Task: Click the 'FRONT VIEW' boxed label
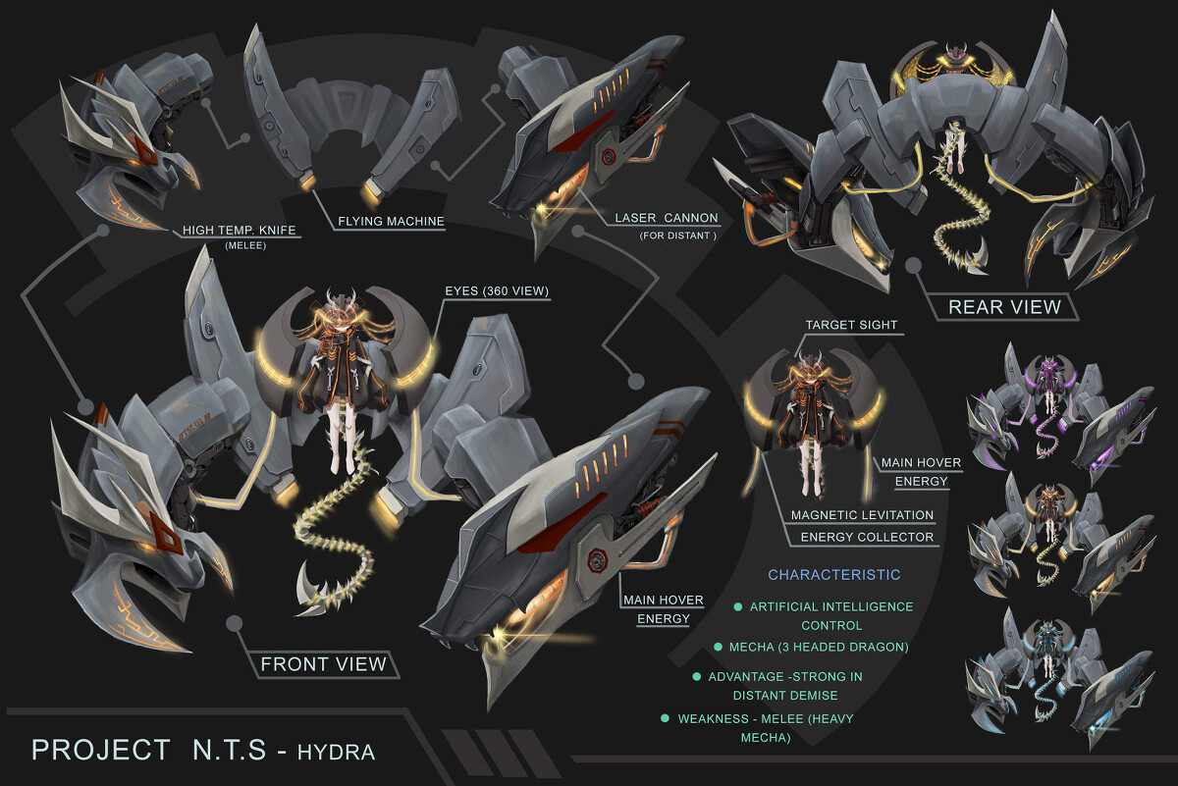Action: point(323,664)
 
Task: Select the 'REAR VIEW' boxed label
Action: point(1004,307)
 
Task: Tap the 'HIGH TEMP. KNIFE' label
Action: point(240,232)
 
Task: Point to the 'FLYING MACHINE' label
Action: point(391,222)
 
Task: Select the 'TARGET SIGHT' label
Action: point(851,324)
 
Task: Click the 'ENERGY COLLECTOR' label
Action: point(868,537)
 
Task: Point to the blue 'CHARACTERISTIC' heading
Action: point(833,574)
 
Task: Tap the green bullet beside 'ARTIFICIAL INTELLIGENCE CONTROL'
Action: point(737,607)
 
